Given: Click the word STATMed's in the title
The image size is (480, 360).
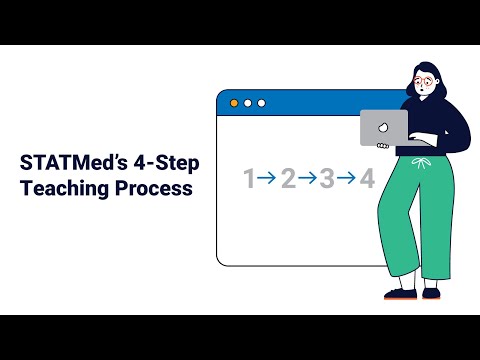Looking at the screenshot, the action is click(x=74, y=163).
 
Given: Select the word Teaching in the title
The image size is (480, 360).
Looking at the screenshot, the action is click(x=65, y=188).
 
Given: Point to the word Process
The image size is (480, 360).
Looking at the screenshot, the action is click(x=154, y=188).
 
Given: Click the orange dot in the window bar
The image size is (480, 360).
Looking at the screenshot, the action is click(x=234, y=103).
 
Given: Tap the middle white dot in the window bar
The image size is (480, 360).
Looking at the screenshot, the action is click(x=248, y=103).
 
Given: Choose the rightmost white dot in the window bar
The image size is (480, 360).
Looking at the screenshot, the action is click(x=262, y=103).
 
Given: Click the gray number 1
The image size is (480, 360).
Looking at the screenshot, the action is click(x=249, y=178).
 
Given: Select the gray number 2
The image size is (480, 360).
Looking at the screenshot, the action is click(x=289, y=178).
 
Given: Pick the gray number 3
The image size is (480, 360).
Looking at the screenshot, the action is click(x=327, y=178).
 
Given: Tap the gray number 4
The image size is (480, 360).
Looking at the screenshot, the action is click(x=367, y=178).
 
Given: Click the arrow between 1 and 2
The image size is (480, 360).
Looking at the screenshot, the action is click(x=267, y=178).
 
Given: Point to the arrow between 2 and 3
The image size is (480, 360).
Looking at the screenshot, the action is click(x=307, y=178).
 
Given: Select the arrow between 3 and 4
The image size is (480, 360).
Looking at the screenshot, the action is click(x=346, y=178).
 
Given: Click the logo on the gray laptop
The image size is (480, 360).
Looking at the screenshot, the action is click(x=383, y=127).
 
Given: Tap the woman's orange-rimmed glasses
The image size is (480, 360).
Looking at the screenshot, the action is click(x=423, y=81).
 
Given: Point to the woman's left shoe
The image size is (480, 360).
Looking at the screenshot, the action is click(x=431, y=294).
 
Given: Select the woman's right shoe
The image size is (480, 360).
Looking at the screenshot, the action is click(x=400, y=294).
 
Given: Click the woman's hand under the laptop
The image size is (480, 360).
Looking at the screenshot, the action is click(x=383, y=146).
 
